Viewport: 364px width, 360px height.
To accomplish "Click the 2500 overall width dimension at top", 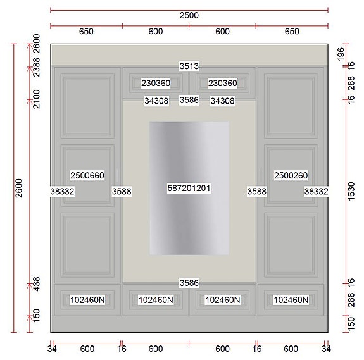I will (189, 15).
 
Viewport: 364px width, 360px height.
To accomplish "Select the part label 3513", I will (189, 66).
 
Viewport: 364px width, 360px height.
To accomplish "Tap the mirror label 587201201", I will (189, 189).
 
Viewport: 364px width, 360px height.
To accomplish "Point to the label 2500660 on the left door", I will (87, 175).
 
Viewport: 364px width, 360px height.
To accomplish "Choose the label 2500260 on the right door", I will (291, 175).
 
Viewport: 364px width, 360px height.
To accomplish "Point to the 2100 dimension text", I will (36, 100).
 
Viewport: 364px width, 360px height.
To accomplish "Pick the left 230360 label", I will (155, 84).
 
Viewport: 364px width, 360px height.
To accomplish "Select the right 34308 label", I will (222, 101).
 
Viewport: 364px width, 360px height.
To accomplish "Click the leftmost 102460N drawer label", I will (87, 300).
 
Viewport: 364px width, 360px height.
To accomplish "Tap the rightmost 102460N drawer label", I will (291, 300).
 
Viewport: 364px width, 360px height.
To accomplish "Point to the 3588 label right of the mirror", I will (256, 190).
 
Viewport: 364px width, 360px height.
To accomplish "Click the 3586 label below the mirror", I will (189, 282).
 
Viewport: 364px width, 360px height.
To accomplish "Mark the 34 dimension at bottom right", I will (325, 349).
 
